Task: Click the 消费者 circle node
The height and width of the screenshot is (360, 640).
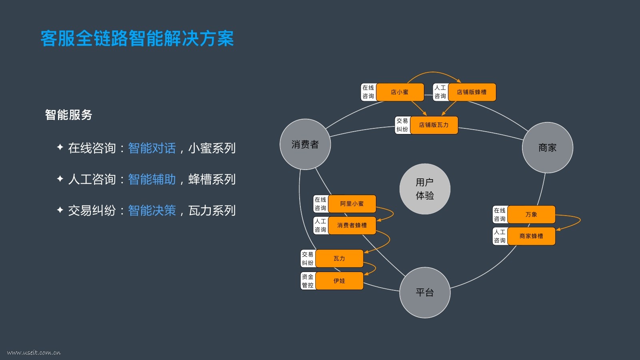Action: (x=305, y=144)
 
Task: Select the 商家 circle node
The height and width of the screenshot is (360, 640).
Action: (x=547, y=148)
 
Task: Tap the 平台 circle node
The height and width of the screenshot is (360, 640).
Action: (x=425, y=292)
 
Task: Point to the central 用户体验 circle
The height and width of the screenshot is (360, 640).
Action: (x=425, y=189)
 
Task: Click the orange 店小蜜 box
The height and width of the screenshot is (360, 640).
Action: (x=400, y=92)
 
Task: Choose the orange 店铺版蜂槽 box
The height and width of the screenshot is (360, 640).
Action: (x=472, y=92)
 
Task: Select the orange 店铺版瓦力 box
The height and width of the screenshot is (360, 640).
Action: (x=434, y=125)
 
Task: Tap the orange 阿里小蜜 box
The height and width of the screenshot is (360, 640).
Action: (x=352, y=204)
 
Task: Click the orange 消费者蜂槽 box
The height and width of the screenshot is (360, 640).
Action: (x=352, y=225)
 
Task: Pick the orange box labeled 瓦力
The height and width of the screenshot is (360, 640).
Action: (x=339, y=258)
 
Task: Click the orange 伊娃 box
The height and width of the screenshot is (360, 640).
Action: (x=339, y=281)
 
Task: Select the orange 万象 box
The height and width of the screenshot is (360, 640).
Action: (x=531, y=214)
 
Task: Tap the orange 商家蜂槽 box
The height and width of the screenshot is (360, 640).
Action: (x=531, y=236)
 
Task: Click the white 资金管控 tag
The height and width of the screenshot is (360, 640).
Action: (x=308, y=281)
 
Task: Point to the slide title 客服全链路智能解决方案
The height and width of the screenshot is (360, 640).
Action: (x=137, y=38)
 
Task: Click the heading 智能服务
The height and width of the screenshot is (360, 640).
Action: (x=68, y=115)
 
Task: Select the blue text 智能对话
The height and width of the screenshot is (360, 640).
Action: (x=152, y=148)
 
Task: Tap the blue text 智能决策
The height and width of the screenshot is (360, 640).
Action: (x=152, y=210)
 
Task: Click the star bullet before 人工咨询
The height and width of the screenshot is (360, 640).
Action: (x=60, y=178)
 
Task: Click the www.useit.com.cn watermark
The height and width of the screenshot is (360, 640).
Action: (x=34, y=352)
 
